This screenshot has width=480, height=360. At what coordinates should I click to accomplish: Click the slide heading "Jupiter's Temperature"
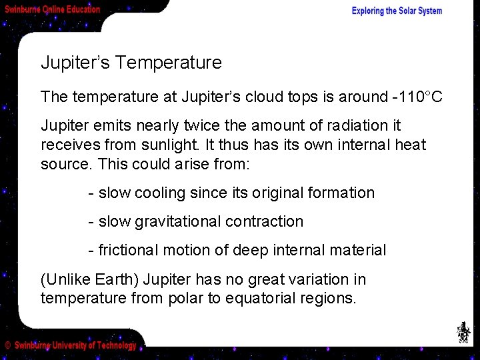(131, 63)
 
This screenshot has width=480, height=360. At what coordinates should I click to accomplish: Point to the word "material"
(358, 251)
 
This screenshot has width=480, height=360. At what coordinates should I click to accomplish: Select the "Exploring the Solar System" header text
(397, 11)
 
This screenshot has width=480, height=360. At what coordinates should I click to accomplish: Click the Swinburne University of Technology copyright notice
(71, 345)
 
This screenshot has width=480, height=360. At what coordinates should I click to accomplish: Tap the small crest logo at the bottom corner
(462, 332)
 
